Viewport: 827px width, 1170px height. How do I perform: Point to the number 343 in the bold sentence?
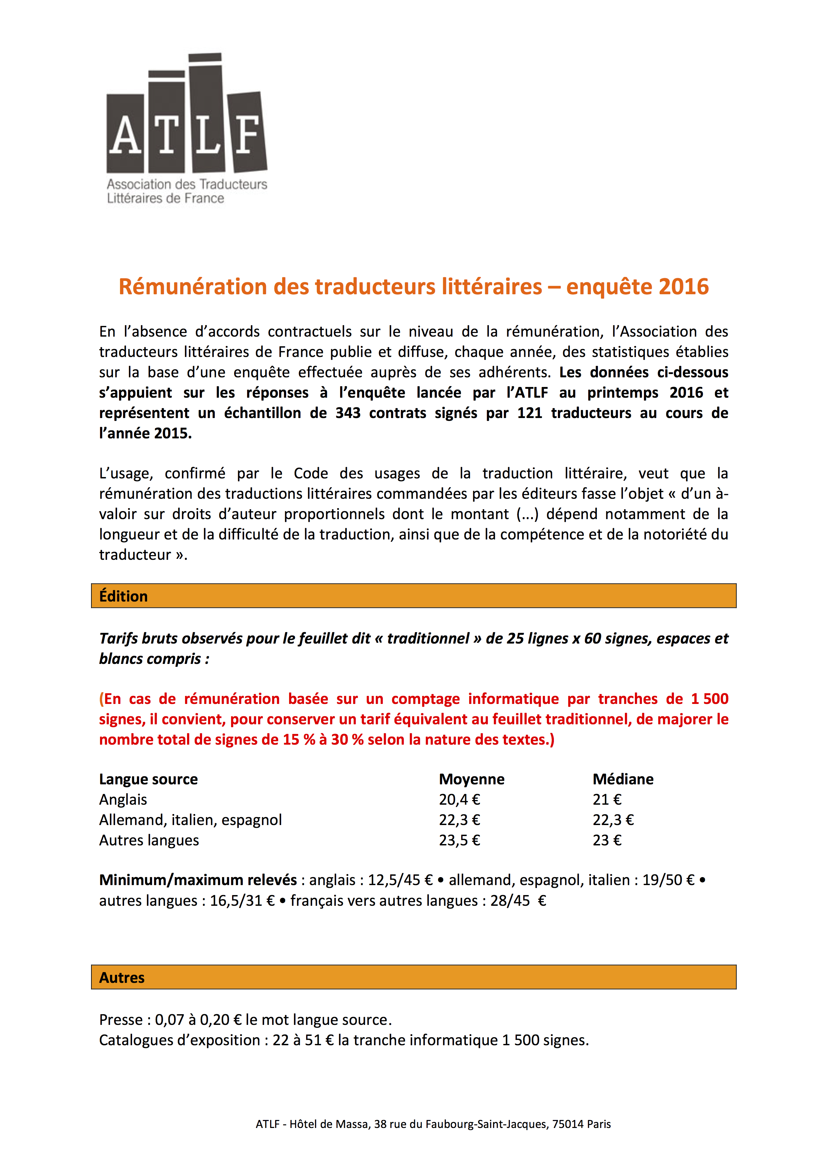click(x=348, y=413)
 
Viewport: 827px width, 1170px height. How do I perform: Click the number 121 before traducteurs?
click(x=530, y=413)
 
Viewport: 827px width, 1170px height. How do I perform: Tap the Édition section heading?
click(x=123, y=596)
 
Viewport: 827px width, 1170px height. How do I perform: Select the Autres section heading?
click(x=122, y=978)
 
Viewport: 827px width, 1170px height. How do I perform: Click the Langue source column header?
click(x=148, y=779)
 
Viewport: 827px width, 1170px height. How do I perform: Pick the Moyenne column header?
click(x=472, y=779)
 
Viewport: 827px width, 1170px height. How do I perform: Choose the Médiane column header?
click(x=623, y=779)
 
